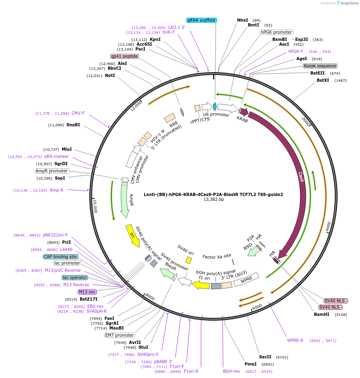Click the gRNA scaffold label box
202,20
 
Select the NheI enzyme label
243,20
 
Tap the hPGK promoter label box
277,32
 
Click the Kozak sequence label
320,66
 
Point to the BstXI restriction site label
323,80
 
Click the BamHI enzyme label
322,314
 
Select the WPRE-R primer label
295,340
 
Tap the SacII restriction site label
265,357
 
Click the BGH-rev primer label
231,371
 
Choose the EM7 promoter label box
120,335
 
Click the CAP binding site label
60,257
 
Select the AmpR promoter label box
52,171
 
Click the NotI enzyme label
110,75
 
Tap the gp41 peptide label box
125,56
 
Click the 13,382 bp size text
213,199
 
